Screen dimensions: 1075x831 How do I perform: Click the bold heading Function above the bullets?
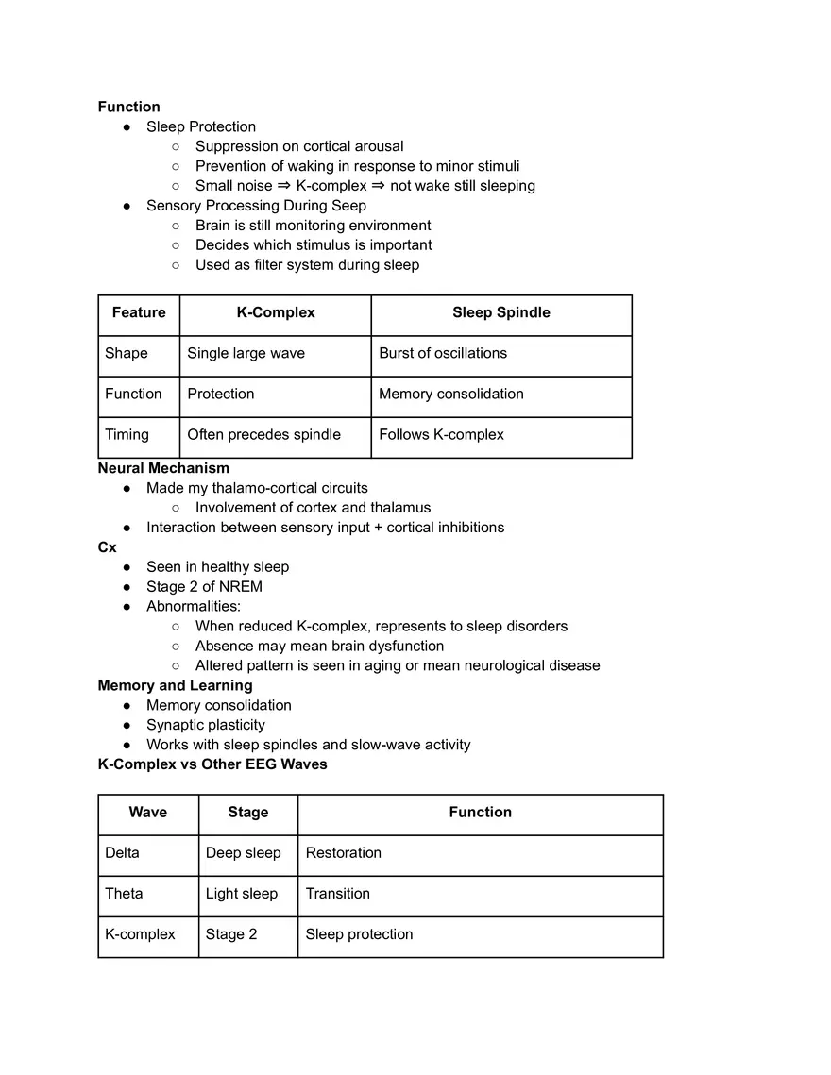point(129,107)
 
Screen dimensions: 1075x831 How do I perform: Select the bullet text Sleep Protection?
point(200,126)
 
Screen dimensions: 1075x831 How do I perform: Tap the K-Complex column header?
point(275,312)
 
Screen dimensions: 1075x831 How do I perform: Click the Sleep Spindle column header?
point(500,312)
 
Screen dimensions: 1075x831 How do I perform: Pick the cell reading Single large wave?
point(246,353)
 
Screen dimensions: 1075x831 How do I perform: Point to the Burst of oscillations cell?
point(442,353)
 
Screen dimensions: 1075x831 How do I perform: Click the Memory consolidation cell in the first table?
point(450,394)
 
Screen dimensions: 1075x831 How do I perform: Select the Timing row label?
point(127,434)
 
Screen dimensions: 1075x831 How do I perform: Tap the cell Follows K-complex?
point(441,434)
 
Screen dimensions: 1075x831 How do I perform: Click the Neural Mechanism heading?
point(163,467)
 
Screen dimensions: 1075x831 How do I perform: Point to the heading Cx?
point(107,546)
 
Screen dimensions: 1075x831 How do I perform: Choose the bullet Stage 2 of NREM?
point(204,586)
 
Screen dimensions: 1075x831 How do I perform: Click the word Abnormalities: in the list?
point(193,606)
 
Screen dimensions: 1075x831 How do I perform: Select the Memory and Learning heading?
point(175,685)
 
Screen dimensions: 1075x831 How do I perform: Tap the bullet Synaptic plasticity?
point(205,725)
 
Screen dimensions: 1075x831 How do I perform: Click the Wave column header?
point(147,812)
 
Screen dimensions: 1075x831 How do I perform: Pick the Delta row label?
point(122,852)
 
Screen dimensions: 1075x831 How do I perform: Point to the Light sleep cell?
point(241,893)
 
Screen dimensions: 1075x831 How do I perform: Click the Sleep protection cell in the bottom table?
point(359,933)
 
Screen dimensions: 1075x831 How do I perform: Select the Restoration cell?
point(343,852)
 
